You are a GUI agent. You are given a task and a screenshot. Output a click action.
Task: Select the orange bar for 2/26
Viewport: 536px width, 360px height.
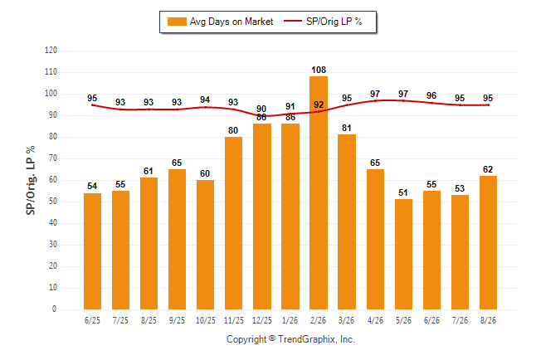[319, 192]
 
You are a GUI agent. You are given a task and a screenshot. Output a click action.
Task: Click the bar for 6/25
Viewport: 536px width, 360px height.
[92, 251]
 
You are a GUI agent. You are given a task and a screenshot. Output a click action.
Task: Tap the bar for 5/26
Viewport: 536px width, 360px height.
[403, 255]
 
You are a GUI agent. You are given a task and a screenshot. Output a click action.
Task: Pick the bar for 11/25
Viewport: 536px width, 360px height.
[233, 223]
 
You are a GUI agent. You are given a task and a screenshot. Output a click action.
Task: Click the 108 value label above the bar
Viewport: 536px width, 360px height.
[319, 70]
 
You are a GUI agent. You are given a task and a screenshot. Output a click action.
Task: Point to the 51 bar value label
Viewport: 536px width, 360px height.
[403, 192]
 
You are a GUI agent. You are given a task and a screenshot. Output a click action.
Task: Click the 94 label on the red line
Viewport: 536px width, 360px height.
[205, 100]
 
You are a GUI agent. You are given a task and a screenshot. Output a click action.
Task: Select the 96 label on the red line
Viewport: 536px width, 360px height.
[431, 95]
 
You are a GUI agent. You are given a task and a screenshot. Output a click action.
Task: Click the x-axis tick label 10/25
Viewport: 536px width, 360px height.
[206, 320]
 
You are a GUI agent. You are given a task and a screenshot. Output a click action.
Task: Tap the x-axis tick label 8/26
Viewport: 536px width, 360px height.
[488, 320]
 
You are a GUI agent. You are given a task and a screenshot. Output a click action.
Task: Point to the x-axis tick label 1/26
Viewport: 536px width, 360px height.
[290, 320]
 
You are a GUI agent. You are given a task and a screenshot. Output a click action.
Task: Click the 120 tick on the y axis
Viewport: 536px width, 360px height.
[51, 51]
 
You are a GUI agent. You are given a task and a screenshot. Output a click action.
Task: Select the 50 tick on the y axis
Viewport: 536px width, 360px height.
[53, 202]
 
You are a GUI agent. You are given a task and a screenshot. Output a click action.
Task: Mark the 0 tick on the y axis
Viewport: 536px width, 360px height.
[54, 309]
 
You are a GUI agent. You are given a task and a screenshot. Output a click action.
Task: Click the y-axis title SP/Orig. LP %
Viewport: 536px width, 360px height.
[31, 180]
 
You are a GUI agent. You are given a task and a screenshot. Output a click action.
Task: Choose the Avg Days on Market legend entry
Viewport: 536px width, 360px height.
[220, 22]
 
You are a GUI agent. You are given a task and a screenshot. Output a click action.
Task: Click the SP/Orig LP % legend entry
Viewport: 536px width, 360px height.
[323, 22]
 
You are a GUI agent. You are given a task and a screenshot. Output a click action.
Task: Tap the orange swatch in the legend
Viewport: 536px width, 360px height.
[177, 22]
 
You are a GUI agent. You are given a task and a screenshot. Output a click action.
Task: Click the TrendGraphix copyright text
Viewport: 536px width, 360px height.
[290, 339]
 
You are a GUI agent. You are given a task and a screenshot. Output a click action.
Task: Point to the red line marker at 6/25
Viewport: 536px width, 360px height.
[92, 105]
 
